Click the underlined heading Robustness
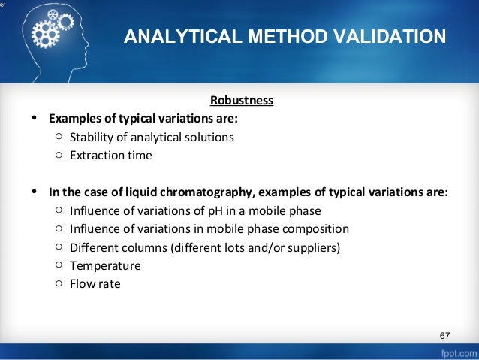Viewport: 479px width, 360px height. (x=241, y=100)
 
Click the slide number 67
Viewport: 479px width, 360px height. (x=444, y=334)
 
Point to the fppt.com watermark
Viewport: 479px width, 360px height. (x=454, y=352)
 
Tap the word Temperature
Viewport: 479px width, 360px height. (x=105, y=265)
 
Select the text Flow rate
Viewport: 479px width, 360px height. (x=95, y=284)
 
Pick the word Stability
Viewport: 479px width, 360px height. (x=90, y=137)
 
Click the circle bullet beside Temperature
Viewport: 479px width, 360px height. (x=59, y=265)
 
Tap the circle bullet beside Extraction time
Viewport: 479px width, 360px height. (x=59, y=156)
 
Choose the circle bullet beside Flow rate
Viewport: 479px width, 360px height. (x=59, y=284)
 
